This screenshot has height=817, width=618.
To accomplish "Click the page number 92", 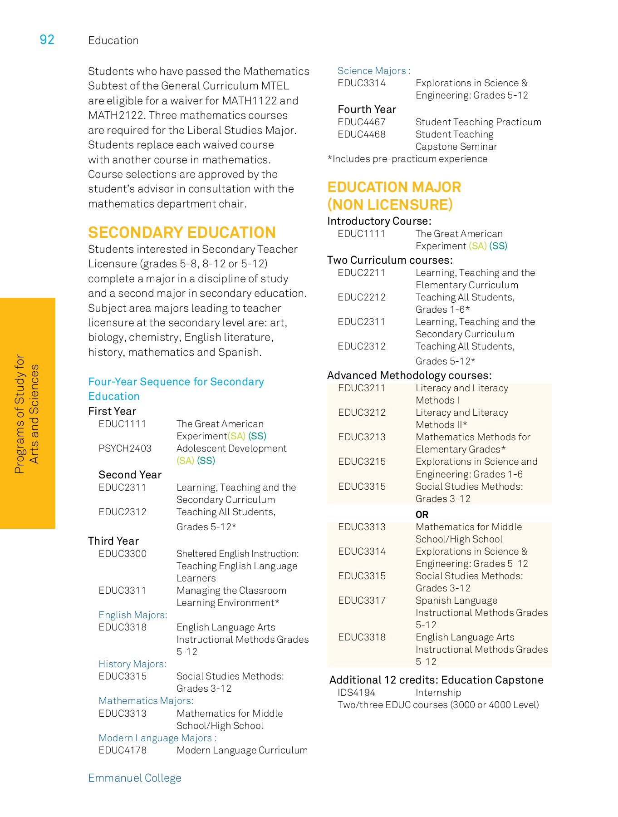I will pyautogui.click(x=47, y=40).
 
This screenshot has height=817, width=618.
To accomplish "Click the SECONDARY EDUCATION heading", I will pyautogui.click(x=181, y=232).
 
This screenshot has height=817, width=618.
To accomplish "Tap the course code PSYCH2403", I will pyautogui.click(x=125, y=448).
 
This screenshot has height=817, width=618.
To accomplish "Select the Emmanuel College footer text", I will pyautogui.click(x=134, y=778).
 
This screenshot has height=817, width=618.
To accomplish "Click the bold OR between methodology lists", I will pyautogui.click(x=422, y=515).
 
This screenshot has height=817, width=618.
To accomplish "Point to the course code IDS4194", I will pyautogui.click(x=356, y=693).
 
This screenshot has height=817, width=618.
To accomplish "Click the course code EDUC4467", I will pyautogui.click(x=361, y=122).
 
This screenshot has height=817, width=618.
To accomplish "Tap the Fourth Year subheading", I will pyautogui.click(x=367, y=109).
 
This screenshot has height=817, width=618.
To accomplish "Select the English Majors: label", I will pyautogui.click(x=132, y=615).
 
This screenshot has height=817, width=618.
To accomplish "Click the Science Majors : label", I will pyautogui.click(x=373, y=71).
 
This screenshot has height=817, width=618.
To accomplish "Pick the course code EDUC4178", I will pyautogui.click(x=123, y=750).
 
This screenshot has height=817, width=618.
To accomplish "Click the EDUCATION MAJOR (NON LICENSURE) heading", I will pyautogui.click(x=393, y=196).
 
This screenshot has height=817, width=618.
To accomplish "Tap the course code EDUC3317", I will pyautogui.click(x=362, y=600).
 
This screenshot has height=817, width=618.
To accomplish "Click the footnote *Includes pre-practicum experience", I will pyautogui.click(x=407, y=159).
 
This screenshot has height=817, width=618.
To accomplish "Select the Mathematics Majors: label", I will pyautogui.click(x=146, y=701).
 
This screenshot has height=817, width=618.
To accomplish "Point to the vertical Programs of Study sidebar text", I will pyautogui.click(x=27, y=413).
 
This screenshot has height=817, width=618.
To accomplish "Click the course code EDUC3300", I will pyautogui.click(x=123, y=554).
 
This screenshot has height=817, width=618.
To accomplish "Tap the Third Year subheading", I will pyautogui.click(x=113, y=541).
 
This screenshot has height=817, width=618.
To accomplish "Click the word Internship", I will pyautogui.click(x=438, y=693).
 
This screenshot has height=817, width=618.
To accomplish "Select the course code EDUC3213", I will pyautogui.click(x=362, y=437).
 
